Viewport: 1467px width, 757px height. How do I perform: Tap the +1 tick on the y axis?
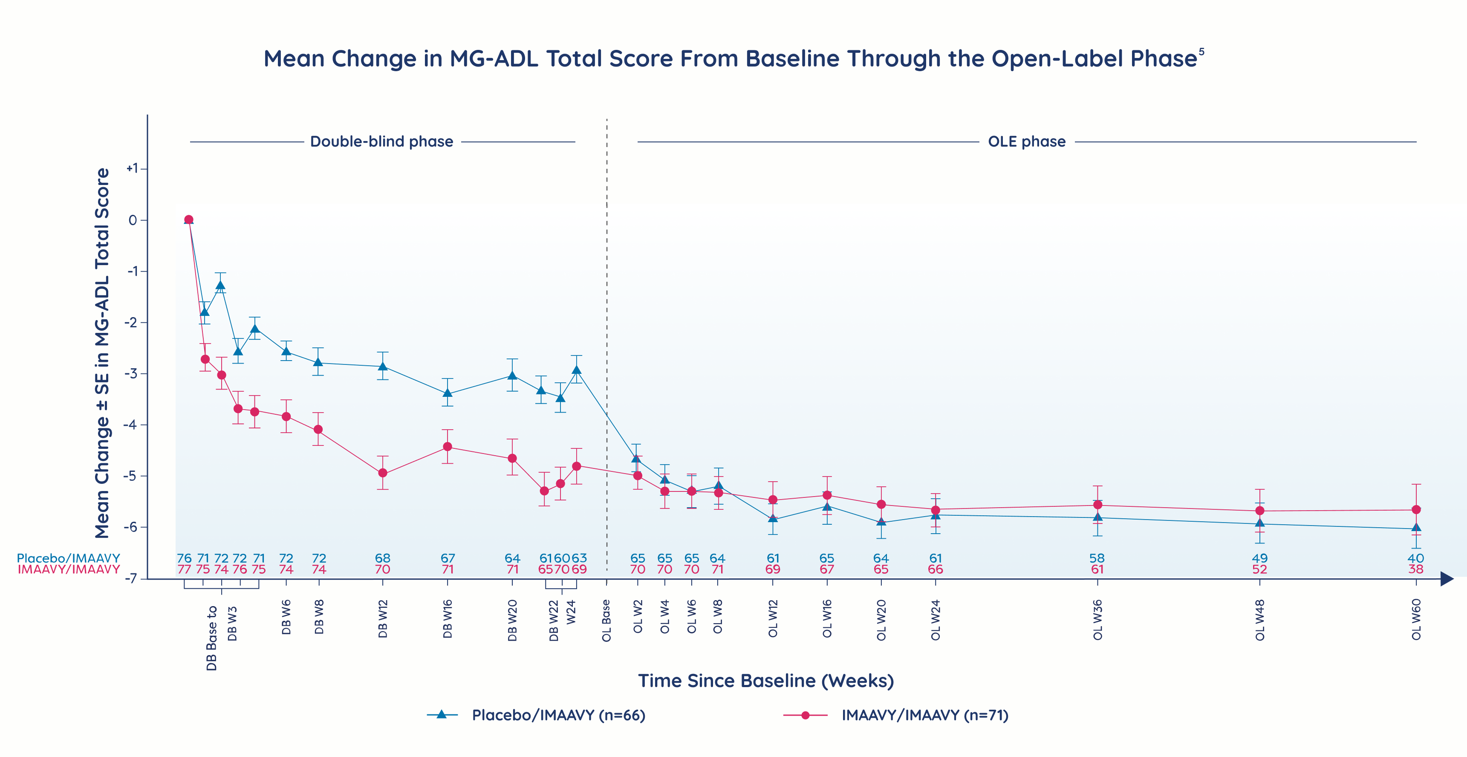(x=132, y=169)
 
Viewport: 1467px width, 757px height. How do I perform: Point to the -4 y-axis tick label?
(x=132, y=425)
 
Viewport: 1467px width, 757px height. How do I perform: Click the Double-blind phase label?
(x=381, y=141)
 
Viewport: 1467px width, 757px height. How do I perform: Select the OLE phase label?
(x=1026, y=141)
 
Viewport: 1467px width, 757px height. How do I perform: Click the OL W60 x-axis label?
(x=1416, y=619)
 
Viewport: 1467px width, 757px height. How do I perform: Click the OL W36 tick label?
(x=1097, y=619)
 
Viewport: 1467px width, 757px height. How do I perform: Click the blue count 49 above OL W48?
(x=1260, y=558)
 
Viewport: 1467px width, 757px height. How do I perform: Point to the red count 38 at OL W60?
(x=1416, y=569)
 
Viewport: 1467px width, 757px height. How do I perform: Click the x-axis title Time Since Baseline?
(x=765, y=681)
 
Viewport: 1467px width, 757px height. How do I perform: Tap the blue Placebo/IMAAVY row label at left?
(x=68, y=558)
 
